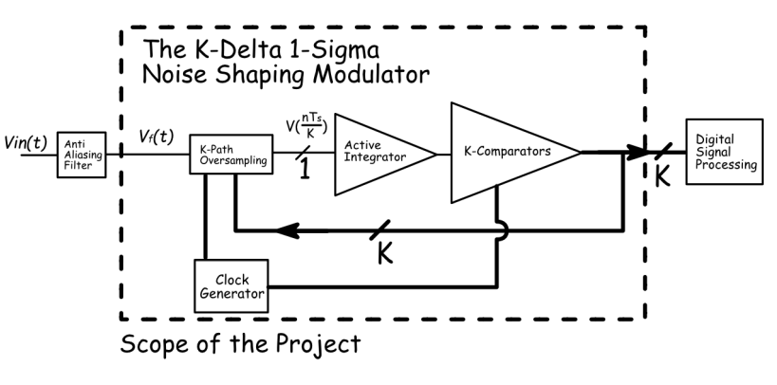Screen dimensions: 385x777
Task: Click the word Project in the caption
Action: click(x=318, y=346)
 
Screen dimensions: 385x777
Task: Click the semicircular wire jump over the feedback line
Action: click(x=500, y=229)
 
